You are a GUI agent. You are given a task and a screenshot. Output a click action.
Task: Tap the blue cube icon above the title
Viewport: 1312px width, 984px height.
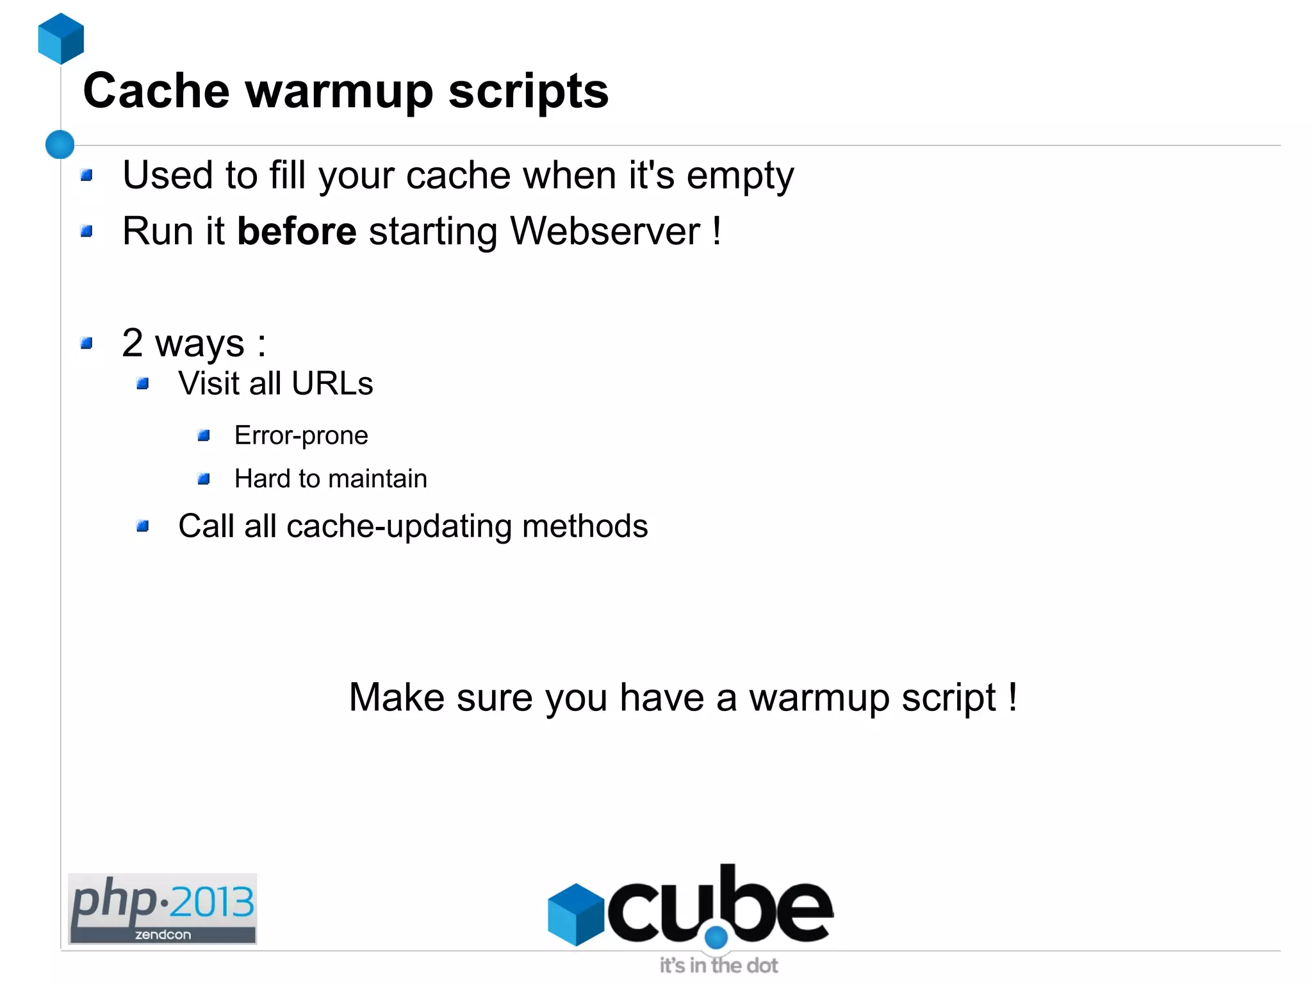[x=61, y=38]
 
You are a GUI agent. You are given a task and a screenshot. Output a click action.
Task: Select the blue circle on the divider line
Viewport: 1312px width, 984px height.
[x=60, y=144]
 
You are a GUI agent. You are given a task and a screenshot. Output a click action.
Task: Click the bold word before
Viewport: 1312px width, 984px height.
[x=297, y=231]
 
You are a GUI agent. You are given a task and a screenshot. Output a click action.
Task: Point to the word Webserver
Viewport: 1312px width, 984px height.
[x=605, y=231]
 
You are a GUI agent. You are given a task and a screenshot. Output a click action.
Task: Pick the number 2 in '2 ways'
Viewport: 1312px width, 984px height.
[x=133, y=342]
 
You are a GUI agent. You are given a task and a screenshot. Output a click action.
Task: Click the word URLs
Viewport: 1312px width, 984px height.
[x=332, y=384]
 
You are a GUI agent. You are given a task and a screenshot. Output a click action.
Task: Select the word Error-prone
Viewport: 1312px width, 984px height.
[x=301, y=436]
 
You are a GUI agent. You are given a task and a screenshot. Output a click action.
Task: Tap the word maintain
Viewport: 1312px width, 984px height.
[x=377, y=479]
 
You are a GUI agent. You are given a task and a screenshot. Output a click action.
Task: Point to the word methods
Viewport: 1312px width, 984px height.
[x=585, y=526]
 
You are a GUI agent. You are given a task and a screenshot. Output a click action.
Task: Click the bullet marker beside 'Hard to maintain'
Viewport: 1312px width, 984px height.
[x=204, y=479]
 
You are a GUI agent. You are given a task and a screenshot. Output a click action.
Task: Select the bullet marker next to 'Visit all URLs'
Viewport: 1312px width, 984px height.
[x=143, y=384]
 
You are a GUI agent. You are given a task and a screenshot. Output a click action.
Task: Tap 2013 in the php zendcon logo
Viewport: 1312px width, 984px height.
[x=211, y=902]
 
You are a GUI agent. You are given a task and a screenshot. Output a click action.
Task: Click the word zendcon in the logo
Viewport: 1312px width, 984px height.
[x=163, y=935]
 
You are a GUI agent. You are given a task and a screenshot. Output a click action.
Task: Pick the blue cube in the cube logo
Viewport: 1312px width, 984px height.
[x=576, y=914]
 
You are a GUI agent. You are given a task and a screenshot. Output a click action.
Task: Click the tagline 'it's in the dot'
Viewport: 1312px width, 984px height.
[x=718, y=965]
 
